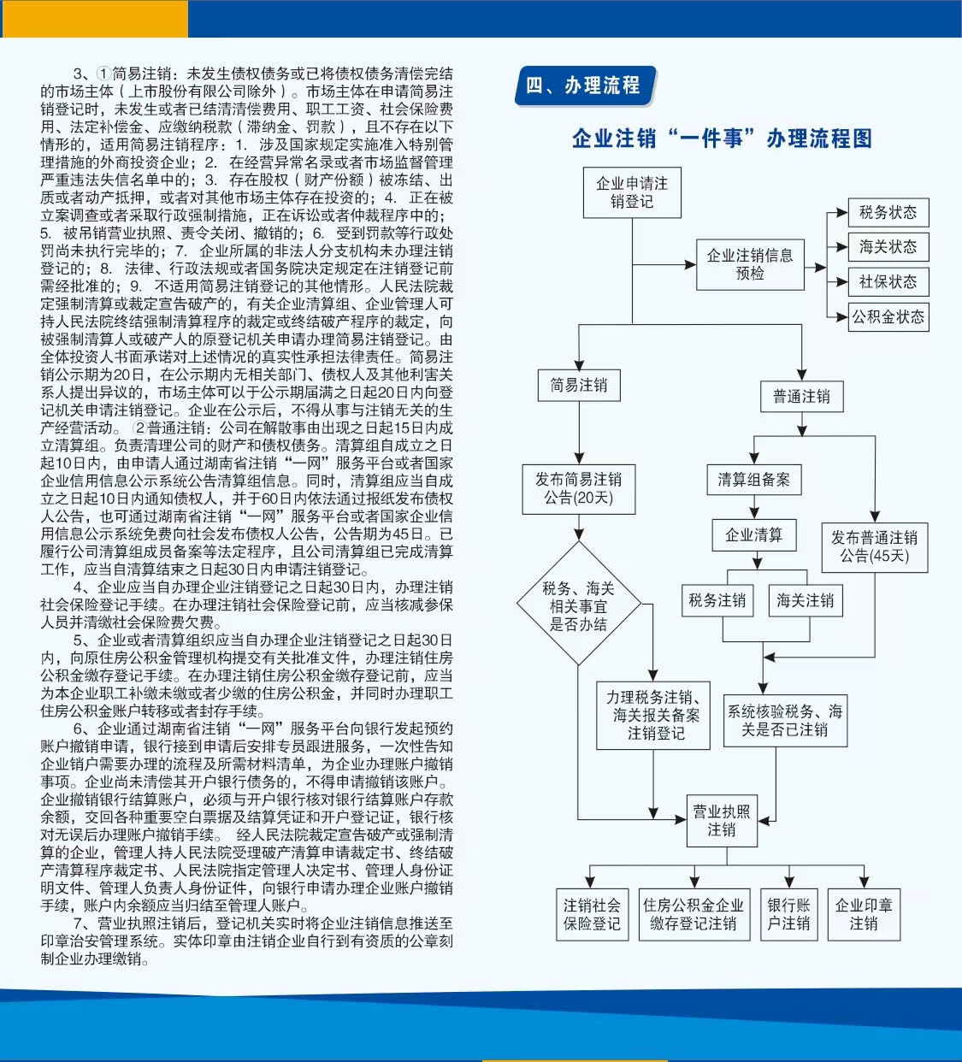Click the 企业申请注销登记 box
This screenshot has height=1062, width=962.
coord(632,192)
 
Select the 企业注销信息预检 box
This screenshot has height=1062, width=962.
coord(750,265)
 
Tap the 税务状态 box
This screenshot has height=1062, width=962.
coord(888,213)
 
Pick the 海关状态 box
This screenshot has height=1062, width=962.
coord(888,247)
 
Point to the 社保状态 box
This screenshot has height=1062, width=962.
coord(888,281)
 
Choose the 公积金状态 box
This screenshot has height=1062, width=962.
coord(888,317)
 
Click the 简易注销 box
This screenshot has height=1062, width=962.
coord(579,386)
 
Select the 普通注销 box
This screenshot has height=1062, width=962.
coord(801,397)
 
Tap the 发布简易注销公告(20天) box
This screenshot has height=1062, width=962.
coord(579,489)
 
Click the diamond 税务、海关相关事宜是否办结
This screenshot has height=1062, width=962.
coord(579,603)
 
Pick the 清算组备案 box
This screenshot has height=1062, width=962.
coord(754,480)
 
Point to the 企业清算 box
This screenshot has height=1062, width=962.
coord(754,535)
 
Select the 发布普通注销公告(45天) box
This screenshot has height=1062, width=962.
coord(875,547)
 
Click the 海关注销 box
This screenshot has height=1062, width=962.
coord(806,600)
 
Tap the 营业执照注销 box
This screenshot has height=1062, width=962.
coord(722,821)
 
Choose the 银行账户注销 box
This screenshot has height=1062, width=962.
coord(789,914)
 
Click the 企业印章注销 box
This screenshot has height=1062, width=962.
coord(864,914)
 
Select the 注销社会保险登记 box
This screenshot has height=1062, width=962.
coord(592,914)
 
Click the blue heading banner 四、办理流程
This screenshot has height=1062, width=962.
coord(586,86)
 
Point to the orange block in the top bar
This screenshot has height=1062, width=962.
coord(94,19)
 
